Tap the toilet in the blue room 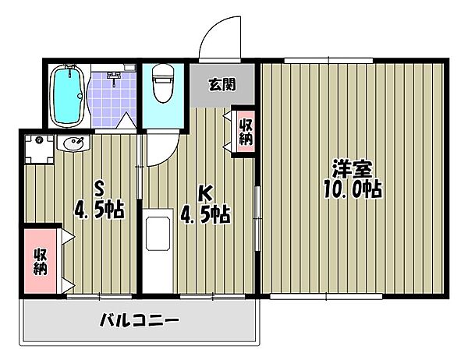(x=163, y=86)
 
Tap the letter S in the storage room (x=99, y=187)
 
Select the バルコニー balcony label (x=140, y=319)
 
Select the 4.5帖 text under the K (x=205, y=213)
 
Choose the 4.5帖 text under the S (x=99, y=210)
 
